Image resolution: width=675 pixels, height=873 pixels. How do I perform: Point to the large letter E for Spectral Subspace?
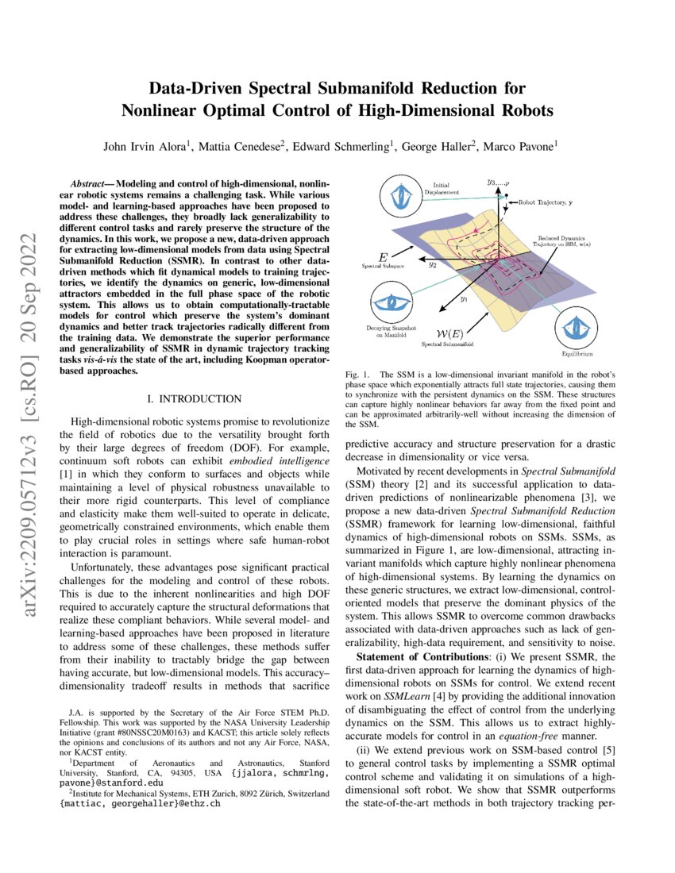tap(384, 258)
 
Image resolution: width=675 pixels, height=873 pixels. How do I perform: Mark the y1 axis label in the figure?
tap(464, 300)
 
